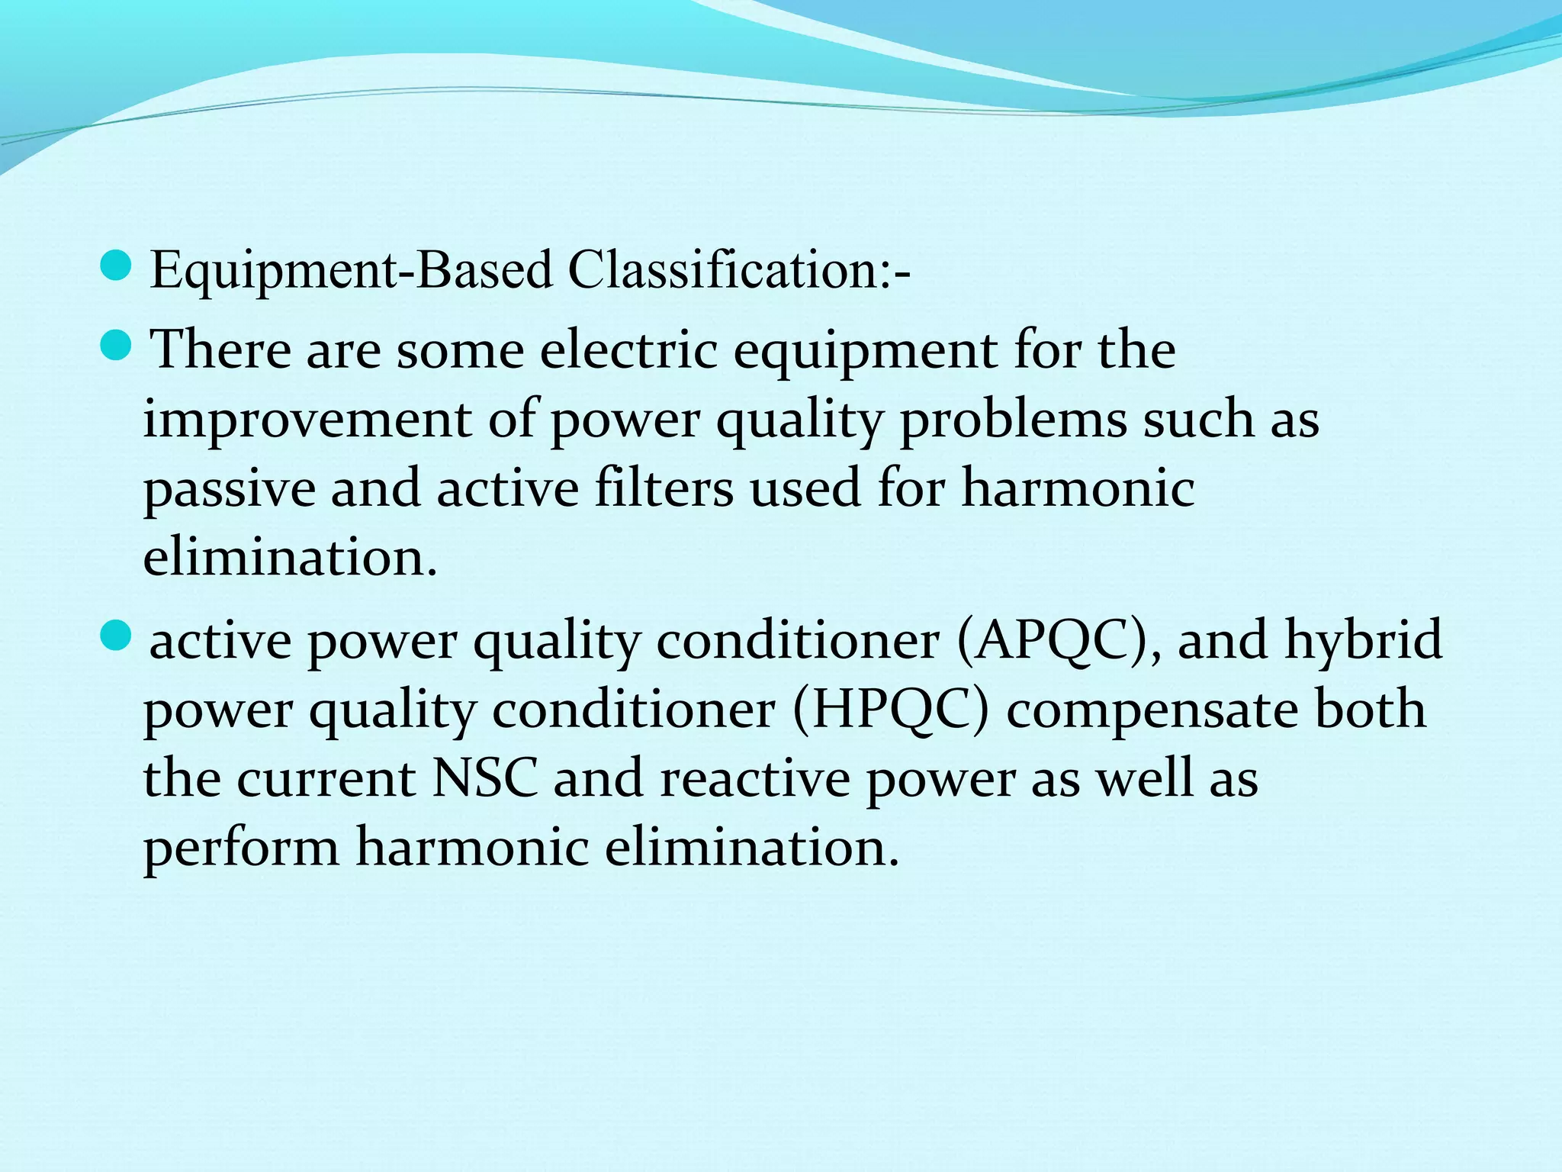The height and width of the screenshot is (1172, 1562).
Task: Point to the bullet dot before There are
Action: coord(116,344)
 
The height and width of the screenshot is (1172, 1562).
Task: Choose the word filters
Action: coord(664,488)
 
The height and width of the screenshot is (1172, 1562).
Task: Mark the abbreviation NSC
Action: coord(485,779)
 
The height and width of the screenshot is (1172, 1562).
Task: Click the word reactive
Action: coord(754,779)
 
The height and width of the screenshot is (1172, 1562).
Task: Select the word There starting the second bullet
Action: coord(221,350)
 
